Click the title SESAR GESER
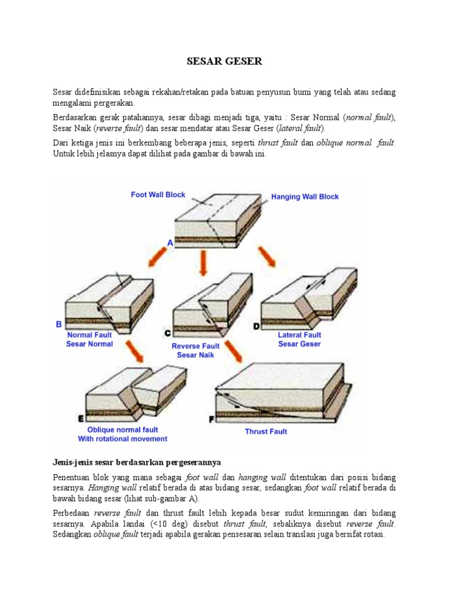pyautogui.click(x=224, y=61)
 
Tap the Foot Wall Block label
pyautogui.click(x=158, y=195)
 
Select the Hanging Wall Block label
pyautogui.click(x=305, y=197)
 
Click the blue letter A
pyautogui.click(x=170, y=242)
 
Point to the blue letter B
pyautogui.click(x=58, y=324)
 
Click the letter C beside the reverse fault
pyautogui.click(x=167, y=333)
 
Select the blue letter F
pyautogui.click(x=212, y=419)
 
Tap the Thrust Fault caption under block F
pyautogui.click(x=265, y=432)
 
